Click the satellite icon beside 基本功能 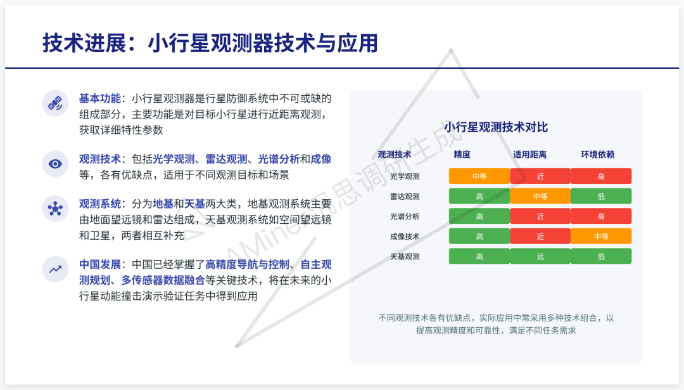[x=56, y=103]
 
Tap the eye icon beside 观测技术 [x=56, y=164]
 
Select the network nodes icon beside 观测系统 [x=56, y=209]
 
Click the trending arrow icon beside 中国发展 [x=56, y=269]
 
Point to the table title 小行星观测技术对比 [x=496, y=127]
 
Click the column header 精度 [x=462, y=154]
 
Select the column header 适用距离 [x=529, y=154]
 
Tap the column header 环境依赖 [x=598, y=154]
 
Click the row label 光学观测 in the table [x=405, y=176]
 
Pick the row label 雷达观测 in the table [x=405, y=197]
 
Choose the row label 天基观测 [x=405, y=257]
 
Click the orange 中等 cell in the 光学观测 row [x=479, y=176]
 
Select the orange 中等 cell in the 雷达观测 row [x=540, y=197]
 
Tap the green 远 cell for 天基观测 [x=540, y=257]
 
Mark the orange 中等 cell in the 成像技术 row [x=601, y=237]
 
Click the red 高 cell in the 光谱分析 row [x=601, y=216]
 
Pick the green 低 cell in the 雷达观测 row [x=601, y=197]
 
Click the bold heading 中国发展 [x=99, y=264]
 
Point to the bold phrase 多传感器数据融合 [x=163, y=280]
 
